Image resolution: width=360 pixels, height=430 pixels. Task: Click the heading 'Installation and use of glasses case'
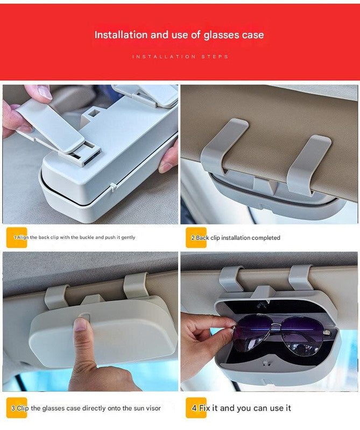[x=179, y=35]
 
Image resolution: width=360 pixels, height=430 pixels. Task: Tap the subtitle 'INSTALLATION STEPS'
[x=180, y=56]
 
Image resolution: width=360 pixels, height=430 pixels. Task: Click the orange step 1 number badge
[x=16, y=237]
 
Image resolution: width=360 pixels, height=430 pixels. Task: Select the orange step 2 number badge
[x=196, y=238]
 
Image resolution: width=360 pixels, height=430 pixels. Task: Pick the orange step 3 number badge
[x=16, y=408]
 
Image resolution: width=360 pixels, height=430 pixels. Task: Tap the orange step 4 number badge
[x=196, y=408]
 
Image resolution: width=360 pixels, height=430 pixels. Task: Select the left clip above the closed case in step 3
[x=57, y=296]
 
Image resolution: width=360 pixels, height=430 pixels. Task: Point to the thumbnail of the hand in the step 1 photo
[x=45, y=92]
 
